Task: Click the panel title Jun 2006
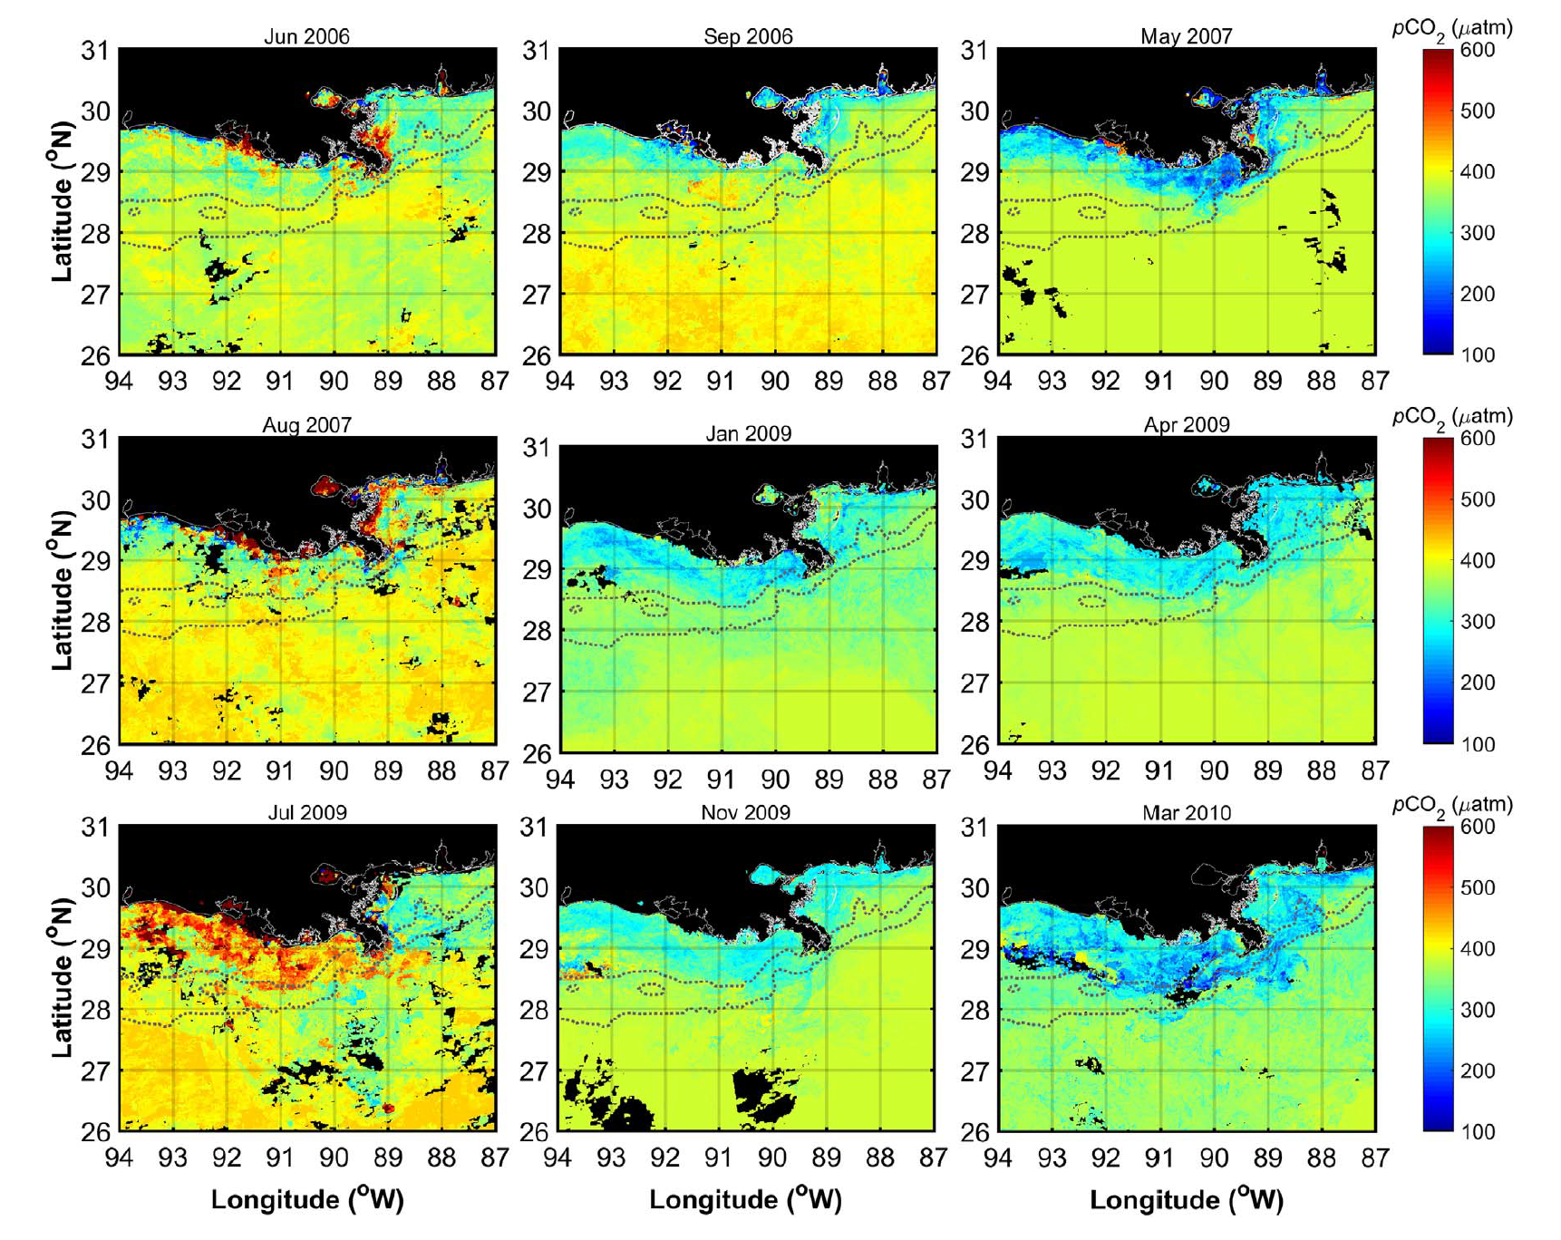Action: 306,37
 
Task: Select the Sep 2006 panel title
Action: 748,37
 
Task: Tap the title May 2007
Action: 1187,37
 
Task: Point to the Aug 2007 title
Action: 306,425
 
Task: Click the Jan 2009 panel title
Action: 748,434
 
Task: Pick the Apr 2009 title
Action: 1187,425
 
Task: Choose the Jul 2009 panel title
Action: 306,813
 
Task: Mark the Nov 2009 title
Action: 746,813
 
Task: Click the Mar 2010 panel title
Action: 1187,813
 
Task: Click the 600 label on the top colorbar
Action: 1478,50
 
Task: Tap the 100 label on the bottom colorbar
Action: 1478,1132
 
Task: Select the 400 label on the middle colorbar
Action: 1478,560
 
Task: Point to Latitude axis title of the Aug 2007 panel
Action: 62,591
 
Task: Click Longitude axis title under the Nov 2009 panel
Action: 746,1200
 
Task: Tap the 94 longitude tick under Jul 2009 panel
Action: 119,1158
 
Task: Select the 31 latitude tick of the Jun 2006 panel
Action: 95,50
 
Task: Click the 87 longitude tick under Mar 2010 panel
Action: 1375,1158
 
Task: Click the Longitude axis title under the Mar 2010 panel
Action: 1187,1200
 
